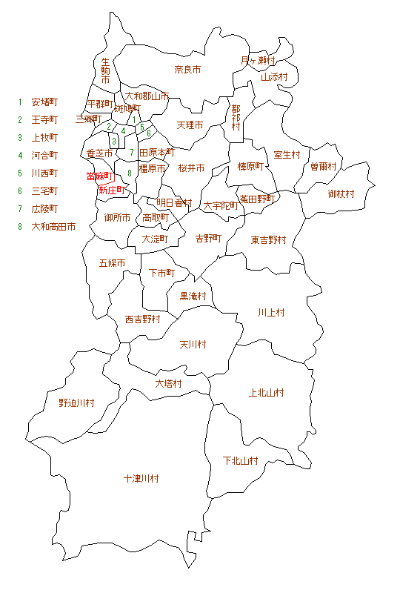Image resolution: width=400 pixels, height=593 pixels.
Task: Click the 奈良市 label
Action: (x=187, y=70)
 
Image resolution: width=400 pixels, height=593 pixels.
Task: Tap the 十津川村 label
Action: (x=141, y=479)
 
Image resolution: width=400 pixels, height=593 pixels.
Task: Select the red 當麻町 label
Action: (x=98, y=176)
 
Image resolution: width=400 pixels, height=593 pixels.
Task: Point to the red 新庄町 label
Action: (x=112, y=191)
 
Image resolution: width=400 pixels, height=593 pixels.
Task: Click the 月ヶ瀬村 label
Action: (x=258, y=60)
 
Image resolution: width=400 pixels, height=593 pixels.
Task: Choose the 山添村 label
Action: (x=273, y=76)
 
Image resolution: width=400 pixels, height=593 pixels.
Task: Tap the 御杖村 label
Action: (x=341, y=193)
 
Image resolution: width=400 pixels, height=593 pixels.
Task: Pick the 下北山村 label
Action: (x=241, y=460)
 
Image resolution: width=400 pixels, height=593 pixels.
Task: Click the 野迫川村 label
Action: (x=77, y=402)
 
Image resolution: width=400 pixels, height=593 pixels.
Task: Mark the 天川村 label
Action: (x=193, y=345)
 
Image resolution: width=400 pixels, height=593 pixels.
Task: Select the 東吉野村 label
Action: (x=268, y=240)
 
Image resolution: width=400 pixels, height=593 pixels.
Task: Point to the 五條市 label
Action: (x=112, y=263)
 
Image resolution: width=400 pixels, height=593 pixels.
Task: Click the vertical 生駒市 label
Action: (x=105, y=70)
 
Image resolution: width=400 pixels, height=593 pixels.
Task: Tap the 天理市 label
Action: (x=190, y=125)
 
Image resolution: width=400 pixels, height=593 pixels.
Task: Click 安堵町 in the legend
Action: (x=44, y=102)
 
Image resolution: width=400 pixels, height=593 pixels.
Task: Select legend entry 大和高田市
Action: (x=53, y=226)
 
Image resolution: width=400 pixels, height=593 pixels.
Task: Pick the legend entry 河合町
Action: (x=44, y=155)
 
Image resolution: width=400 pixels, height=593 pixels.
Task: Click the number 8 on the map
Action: (x=130, y=173)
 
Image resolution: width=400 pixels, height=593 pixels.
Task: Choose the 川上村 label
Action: (x=271, y=312)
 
